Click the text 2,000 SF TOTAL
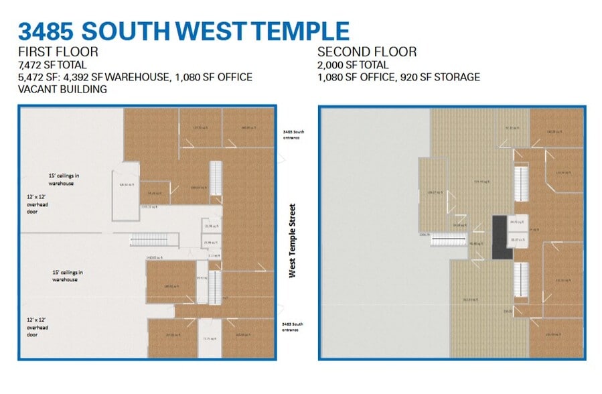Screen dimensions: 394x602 tap(353, 65)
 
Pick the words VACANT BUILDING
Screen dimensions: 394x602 tap(63, 89)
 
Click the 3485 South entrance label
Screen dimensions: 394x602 tap(293, 135)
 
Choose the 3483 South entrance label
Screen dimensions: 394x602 tap(293, 327)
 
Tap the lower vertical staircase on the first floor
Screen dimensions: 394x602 tap(215, 287)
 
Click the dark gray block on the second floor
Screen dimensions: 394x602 tap(500, 237)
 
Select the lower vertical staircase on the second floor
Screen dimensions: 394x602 tap(520, 280)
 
